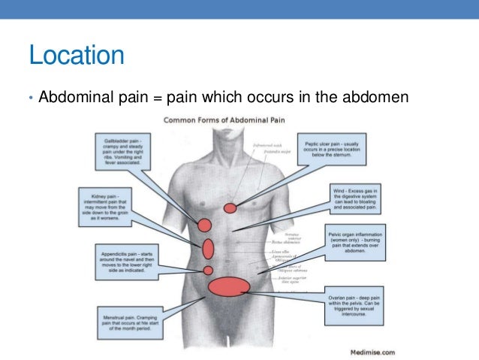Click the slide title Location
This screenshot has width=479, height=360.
76,56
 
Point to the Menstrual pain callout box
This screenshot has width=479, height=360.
131,323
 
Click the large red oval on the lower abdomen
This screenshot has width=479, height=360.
228,286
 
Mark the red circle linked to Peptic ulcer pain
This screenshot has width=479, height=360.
230,207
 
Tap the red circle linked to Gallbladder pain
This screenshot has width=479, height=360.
203,224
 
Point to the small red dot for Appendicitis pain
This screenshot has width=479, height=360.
209,270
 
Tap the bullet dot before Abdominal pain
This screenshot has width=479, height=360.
31,98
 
